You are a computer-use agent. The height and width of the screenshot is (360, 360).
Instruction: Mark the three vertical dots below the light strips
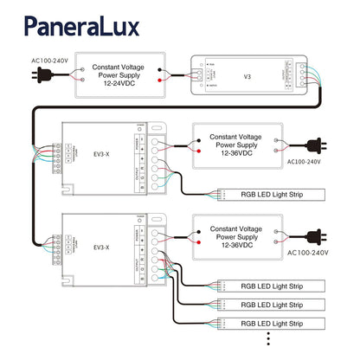pos(268,341)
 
